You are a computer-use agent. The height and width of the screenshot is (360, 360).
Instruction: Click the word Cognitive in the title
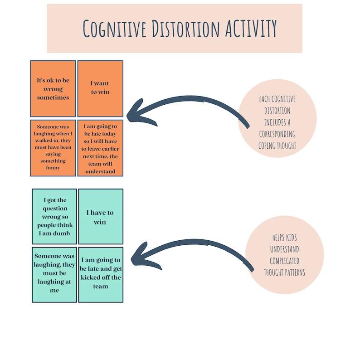(112, 29)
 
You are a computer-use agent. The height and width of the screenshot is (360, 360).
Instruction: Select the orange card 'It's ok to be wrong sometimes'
(53, 88)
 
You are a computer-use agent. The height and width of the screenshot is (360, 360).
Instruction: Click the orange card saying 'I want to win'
(100, 88)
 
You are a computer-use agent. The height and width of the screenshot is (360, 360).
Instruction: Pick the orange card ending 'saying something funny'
(53, 148)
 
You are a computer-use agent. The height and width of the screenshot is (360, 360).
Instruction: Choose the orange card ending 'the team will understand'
(100, 148)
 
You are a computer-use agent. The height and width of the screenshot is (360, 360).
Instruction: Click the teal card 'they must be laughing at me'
(54, 274)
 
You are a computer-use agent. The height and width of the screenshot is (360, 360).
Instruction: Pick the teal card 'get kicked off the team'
(100, 274)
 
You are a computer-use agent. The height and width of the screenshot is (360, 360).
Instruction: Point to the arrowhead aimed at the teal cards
(138, 258)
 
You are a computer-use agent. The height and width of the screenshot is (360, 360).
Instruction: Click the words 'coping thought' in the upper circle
(277, 146)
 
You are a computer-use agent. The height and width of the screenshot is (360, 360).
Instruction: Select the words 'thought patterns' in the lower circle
(284, 272)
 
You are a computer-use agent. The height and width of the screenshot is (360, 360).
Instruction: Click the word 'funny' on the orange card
(53, 167)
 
